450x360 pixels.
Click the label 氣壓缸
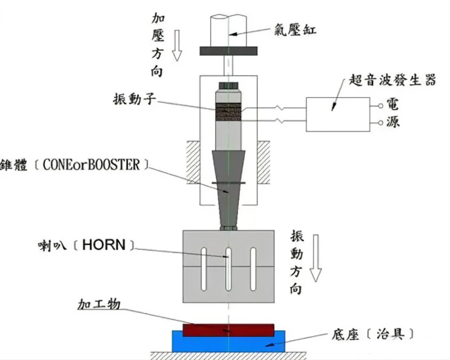(x=295, y=30)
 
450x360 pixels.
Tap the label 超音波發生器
(x=392, y=80)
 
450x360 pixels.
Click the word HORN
(x=104, y=245)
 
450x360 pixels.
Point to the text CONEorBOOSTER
(x=92, y=165)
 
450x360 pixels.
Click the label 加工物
(x=98, y=304)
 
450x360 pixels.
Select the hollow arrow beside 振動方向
(x=316, y=258)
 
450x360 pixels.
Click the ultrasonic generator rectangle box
(x=339, y=114)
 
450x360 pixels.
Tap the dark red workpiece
(x=228, y=330)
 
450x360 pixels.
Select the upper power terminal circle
(x=380, y=105)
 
